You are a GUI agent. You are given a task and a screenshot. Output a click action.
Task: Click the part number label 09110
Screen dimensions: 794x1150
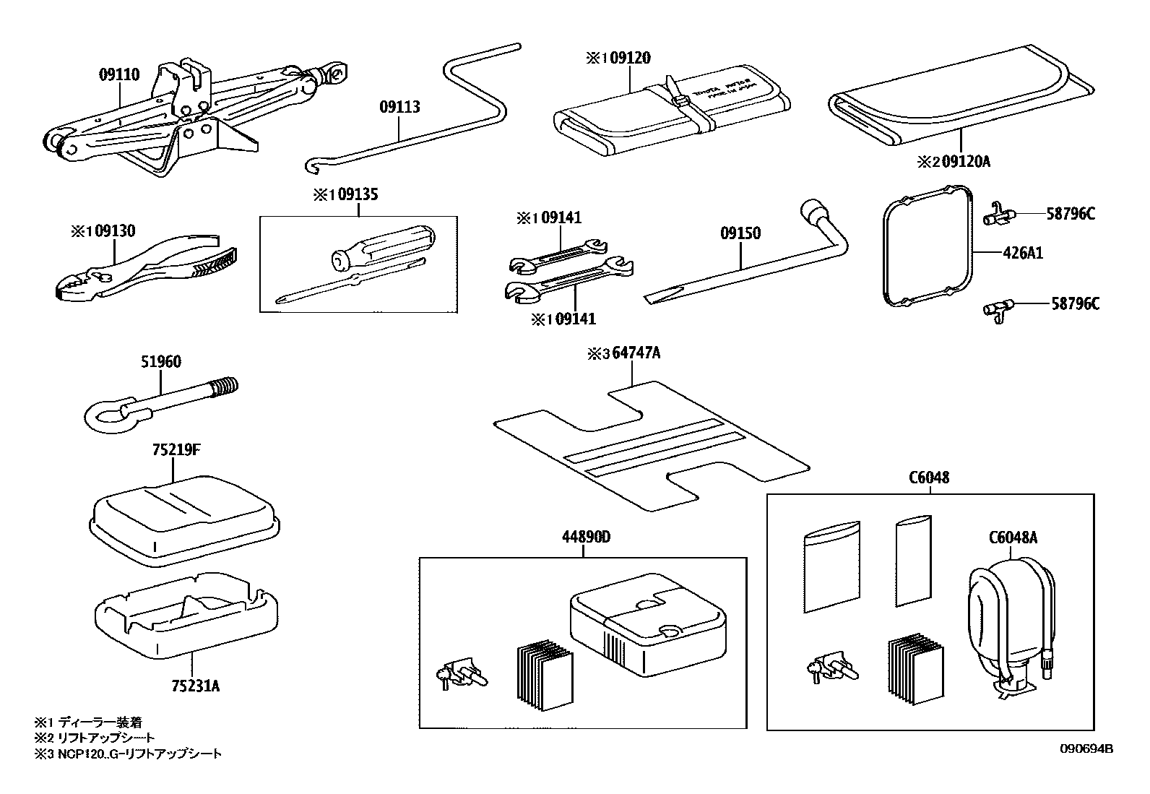tap(119, 74)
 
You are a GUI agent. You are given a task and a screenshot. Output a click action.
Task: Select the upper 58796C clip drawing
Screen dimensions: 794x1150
tap(1001, 215)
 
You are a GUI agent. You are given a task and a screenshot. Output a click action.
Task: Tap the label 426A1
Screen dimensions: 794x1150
tap(1021, 254)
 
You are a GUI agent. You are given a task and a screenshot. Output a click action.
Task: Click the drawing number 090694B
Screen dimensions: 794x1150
tap(1086, 749)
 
